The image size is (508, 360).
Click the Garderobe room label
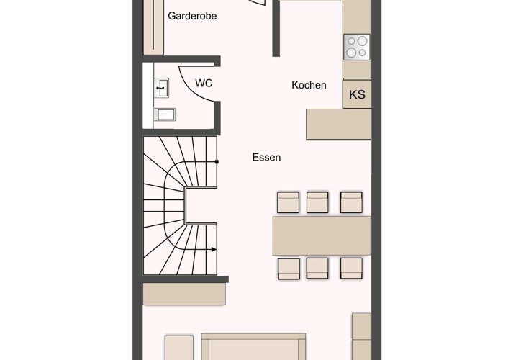[192, 16]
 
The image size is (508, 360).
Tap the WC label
[204, 83]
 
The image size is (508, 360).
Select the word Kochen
[309, 85]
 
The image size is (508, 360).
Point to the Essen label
[266, 157]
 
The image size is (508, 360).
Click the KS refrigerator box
[357, 94]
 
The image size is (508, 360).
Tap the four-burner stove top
[357, 47]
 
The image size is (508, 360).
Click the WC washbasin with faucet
[161, 88]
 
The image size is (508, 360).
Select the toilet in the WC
[165, 114]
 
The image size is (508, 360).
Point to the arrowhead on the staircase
[214, 249]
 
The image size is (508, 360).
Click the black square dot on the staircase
[217, 161]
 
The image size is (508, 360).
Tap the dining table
[322, 235]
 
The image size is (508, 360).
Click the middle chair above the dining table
[317, 202]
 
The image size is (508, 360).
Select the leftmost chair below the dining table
[289, 269]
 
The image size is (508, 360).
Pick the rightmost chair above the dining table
[351, 202]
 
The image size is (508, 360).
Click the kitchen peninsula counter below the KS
[339, 125]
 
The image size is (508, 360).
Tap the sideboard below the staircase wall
[184, 294]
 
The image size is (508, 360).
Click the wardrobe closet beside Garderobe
[153, 27]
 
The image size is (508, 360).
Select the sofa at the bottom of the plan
[253, 346]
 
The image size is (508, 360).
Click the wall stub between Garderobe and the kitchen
[276, 29]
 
